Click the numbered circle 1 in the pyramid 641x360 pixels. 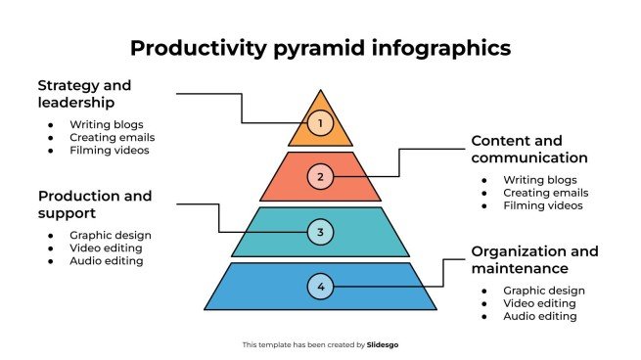click(320, 123)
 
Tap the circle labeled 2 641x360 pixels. click(320, 177)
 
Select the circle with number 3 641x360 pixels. click(320, 232)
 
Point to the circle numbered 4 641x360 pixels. click(320, 287)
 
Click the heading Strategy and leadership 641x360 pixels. click(85, 93)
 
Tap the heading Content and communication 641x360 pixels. click(528, 149)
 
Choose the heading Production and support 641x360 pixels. click(95, 203)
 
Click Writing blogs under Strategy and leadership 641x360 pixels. click(106, 124)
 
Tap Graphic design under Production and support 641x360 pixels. click(110, 235)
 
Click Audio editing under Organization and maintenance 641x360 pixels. click(540, 316)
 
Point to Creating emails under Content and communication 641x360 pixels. click(545, 193)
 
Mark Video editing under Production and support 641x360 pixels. click(107, 247)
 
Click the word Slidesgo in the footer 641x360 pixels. click(383, 344)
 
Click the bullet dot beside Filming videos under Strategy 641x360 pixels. click(51, 151)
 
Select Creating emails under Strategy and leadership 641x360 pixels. click(111, 137)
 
